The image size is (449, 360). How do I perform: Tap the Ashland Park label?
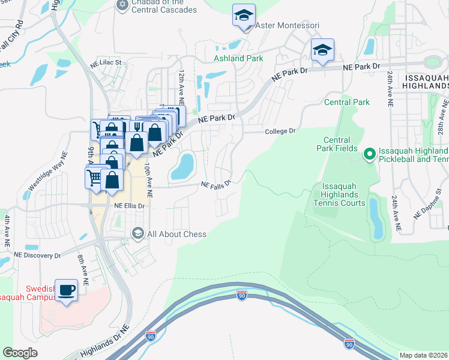pos(238,58)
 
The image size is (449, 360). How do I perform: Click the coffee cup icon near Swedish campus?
pos(67,290)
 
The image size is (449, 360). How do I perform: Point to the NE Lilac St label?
pos(106,62)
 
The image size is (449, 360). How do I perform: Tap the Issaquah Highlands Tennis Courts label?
pos(340,194)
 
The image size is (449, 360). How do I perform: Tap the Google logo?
pos(20,352)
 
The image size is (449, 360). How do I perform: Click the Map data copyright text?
pos(423,355)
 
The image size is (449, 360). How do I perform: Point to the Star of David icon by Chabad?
pos(122,5)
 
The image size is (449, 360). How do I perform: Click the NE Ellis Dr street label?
pos(129,205)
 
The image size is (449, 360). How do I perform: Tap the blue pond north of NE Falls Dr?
pos(182,166)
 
